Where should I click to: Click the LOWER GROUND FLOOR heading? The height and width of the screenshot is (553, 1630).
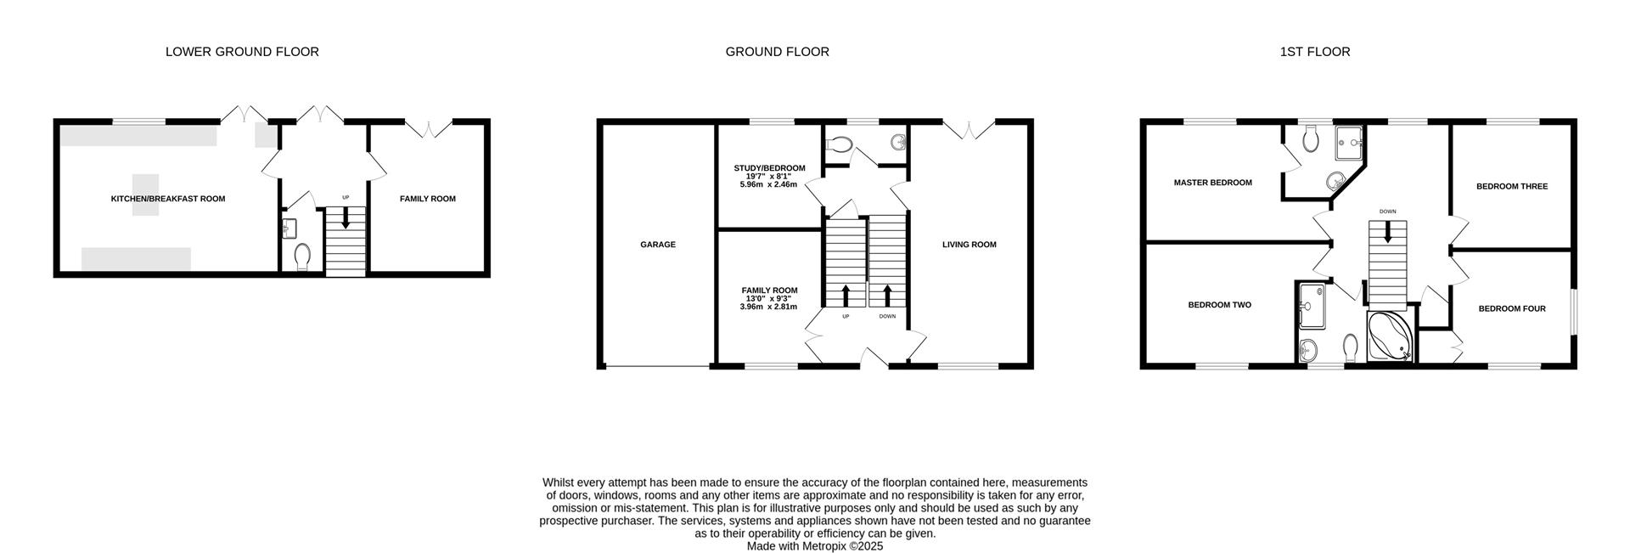242,52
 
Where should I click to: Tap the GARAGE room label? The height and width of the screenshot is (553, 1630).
658,245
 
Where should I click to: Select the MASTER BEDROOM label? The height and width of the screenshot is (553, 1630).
1212,183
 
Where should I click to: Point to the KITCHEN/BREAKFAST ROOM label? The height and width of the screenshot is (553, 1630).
168,199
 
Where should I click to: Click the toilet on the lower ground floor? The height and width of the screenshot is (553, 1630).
302,257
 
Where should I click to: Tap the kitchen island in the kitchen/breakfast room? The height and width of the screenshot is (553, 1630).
144,195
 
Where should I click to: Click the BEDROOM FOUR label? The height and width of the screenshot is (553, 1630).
1512,309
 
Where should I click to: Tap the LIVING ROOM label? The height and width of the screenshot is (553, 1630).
969,245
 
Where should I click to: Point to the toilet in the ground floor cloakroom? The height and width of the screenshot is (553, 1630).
840,145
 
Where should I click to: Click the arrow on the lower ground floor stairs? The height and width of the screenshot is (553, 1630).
346,218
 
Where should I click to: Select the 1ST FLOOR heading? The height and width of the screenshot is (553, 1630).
1314,52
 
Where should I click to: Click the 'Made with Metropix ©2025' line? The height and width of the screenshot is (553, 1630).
814,546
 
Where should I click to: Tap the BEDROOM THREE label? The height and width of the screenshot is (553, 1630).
1512,187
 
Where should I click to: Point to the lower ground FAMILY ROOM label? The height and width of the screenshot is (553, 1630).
428,199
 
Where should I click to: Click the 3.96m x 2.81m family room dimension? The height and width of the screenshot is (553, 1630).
768,307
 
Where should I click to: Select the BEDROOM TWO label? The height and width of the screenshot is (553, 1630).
1219,305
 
